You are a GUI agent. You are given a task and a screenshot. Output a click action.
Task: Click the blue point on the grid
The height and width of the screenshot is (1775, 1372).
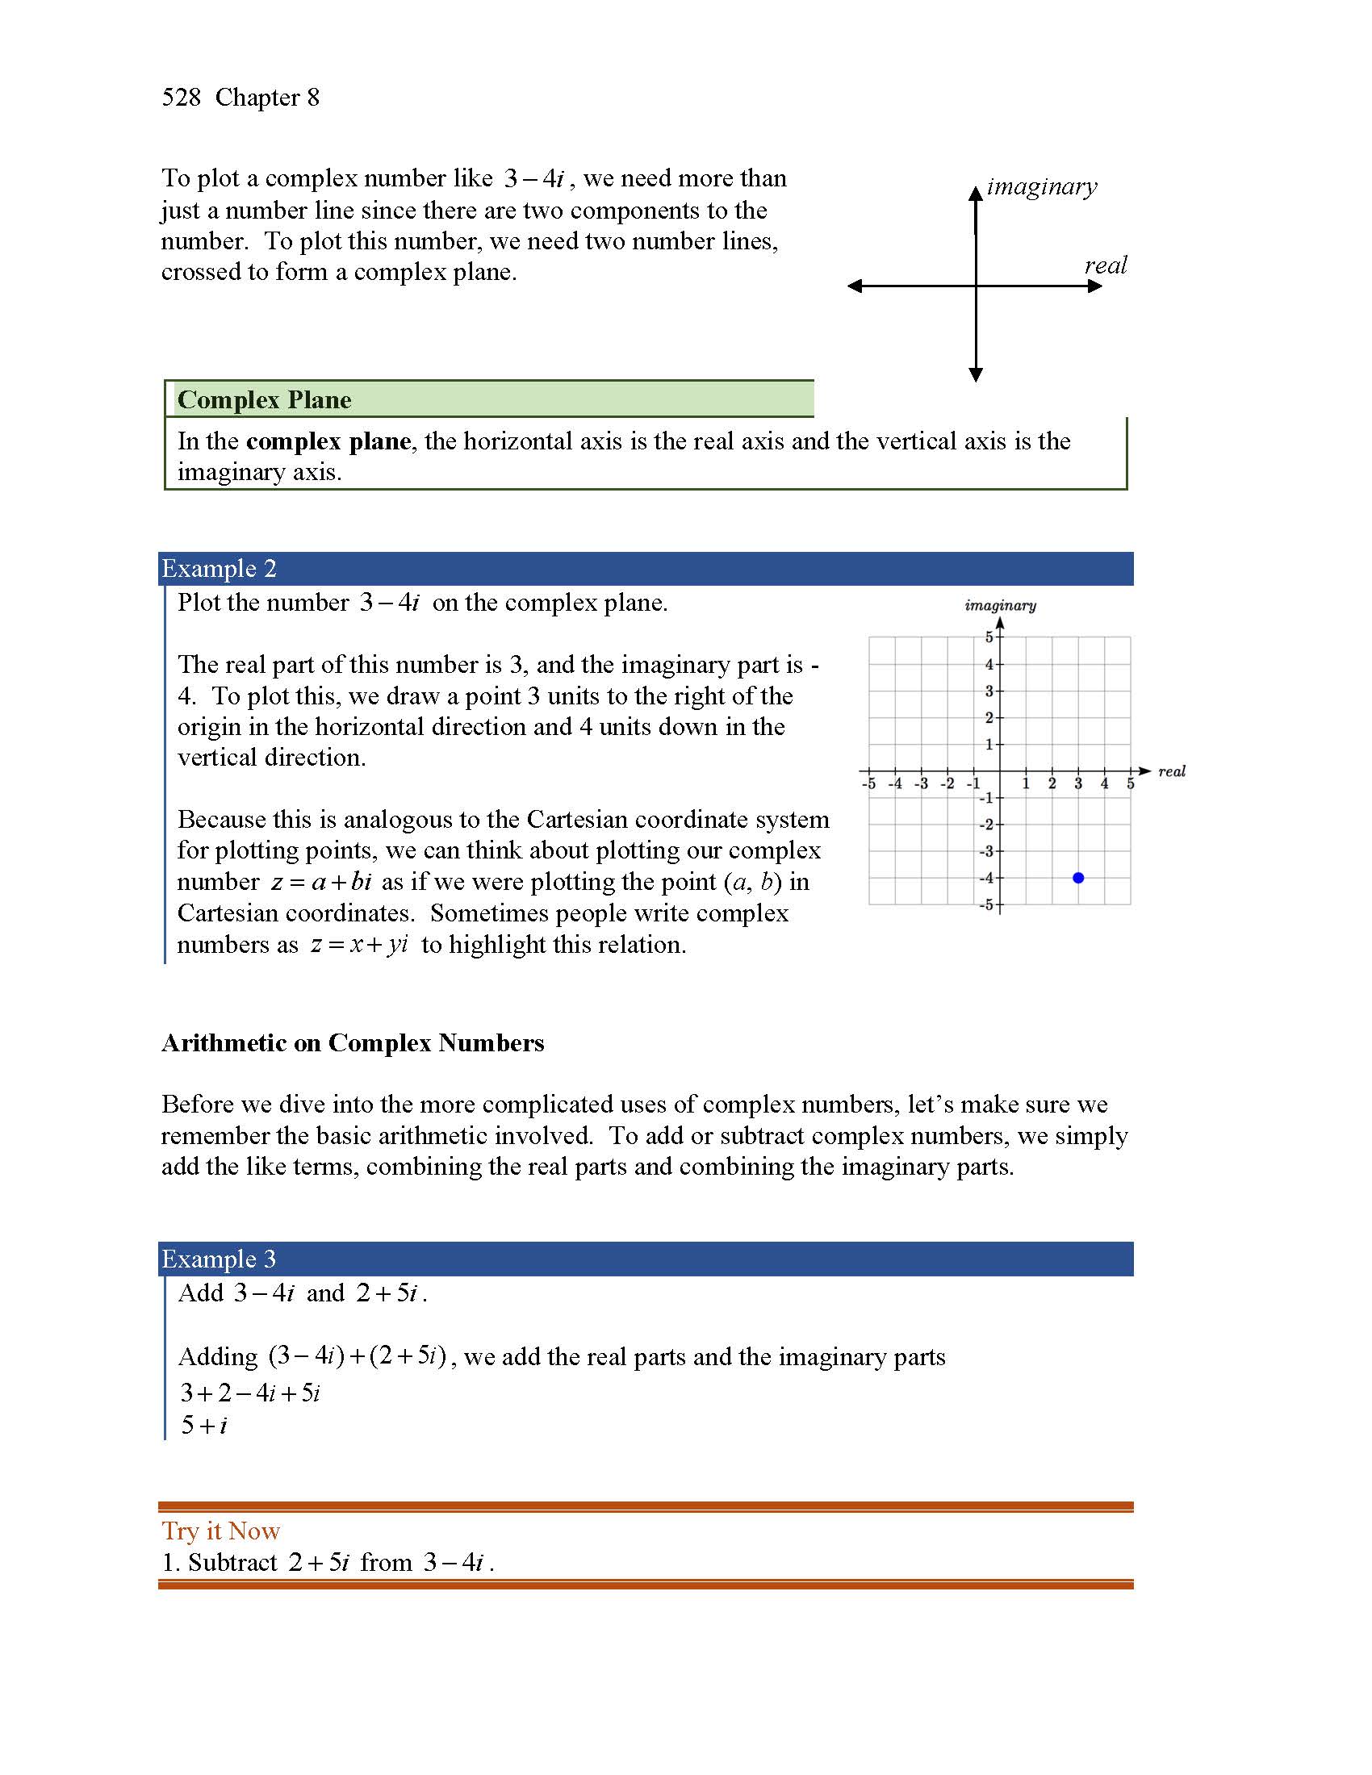pyautogui.click(x=1077, y=878)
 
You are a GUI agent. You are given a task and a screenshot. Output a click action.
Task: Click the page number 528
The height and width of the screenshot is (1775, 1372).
pyautogui.click(x=181, y=98)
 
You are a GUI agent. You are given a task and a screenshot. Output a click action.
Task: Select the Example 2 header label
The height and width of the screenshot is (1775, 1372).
pyautogui.click(x=219, y=568)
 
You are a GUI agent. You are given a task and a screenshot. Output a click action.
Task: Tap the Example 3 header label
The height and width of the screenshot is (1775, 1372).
pyautogui.click(x=219, y=1259)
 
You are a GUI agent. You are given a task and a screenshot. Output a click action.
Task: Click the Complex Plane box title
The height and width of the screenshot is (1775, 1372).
pyautogui.click(x=264, y=400)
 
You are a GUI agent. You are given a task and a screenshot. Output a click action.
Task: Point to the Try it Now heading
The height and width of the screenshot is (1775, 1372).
pyautogui.click(x=220, y=1531)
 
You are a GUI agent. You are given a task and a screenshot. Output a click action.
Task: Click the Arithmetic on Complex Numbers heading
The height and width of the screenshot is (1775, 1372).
pyautogui.click(x=352, y=1042)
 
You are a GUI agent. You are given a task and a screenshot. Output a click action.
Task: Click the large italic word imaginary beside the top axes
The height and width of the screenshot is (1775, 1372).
pyautogui.click(x=1041, y=187)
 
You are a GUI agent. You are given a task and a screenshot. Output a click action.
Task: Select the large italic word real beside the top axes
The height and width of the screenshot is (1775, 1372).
pyautogui.click(x=1106, y=265)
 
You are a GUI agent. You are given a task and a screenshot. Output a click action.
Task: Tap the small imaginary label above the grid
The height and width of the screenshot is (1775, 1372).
pyautogui.click(x=1000, y=605)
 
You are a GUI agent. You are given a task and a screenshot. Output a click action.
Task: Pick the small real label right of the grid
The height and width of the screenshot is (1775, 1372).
pyautogui.click(x=1171, y=771)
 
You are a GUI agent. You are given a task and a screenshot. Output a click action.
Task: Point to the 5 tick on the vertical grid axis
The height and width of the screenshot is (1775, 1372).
pyautogui.click(x=989, y=637)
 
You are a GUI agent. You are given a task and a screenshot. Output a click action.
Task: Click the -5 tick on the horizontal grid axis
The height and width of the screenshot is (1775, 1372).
pyautogui.click(x=868, y=784)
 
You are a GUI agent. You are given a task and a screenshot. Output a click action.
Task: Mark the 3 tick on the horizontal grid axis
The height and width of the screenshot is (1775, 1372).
pyautogui.click(x=1077, y=784)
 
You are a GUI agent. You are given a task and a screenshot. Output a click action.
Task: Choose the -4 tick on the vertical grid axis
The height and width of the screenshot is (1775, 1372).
pyautogui.click(x=986, y=879)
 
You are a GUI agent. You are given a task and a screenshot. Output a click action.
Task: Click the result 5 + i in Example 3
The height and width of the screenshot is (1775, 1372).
pyautogui.click(x=204, y=1425)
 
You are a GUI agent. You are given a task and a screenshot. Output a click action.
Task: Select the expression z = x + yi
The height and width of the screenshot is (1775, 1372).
pyautogui.click(x=358, y=945)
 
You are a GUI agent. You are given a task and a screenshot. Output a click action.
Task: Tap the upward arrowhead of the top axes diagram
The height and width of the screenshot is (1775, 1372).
pyautogui.click(x=976, y=194)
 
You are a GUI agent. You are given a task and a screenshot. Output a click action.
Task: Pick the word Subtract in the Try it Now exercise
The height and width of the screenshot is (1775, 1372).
pyautogui.click(x=232, y=1562)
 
